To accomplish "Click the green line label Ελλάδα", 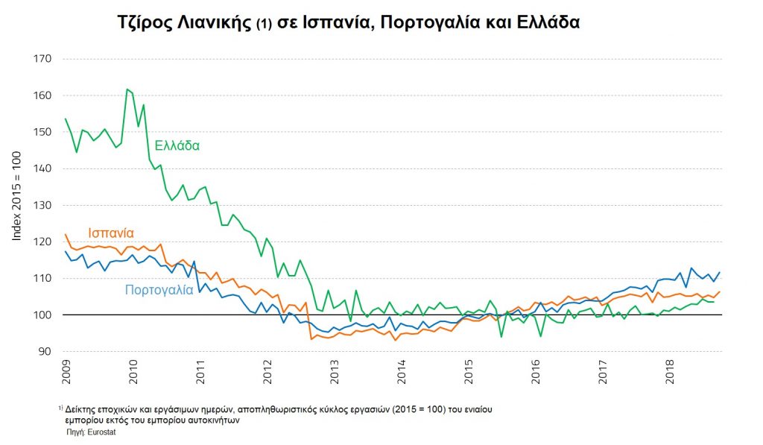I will (x=177, y=145).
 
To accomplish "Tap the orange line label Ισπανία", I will (x=111, y=233).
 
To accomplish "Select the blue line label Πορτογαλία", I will (x=159, y=290).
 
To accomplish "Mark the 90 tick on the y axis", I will (x=44, y=352).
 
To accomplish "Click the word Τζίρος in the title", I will (x=147, y=22).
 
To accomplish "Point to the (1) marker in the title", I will (x=265, y=24).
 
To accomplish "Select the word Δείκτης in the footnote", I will (x=83, y=409).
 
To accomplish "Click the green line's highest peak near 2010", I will (x=127, y=89).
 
